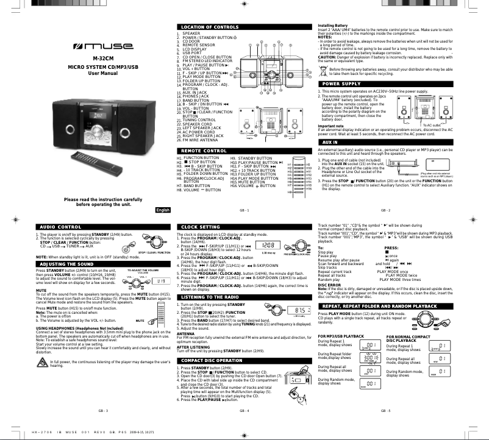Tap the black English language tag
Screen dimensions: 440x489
click(163, 210)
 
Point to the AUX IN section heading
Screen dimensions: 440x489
click(330, 141)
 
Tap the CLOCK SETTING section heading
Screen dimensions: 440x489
click(201, 227)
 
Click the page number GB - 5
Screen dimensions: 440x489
click(385, 411)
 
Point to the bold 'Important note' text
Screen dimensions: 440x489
click(331, 126)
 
